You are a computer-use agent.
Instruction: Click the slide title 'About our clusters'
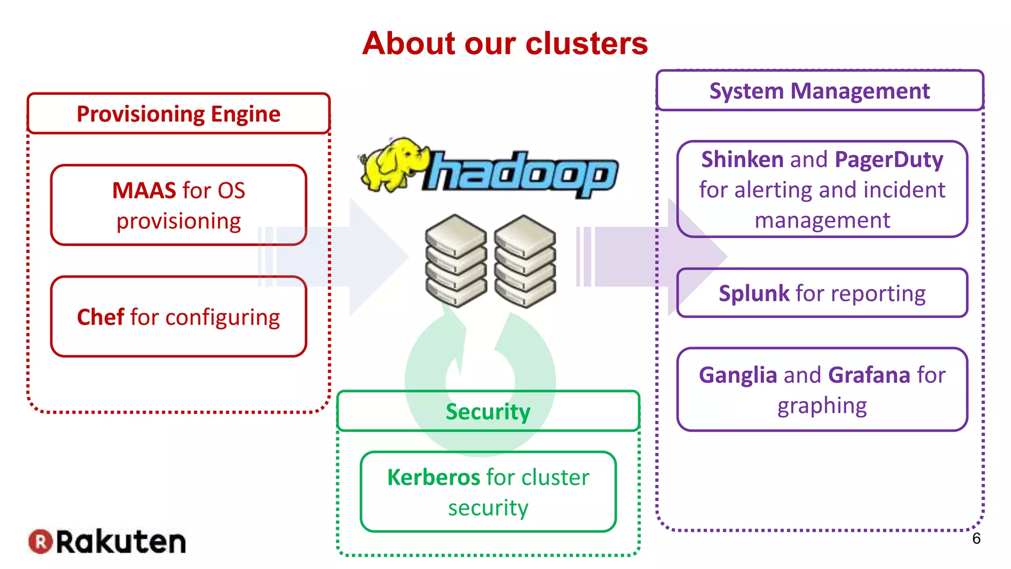click(505, 43)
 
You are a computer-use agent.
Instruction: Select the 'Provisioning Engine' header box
click(178, 114)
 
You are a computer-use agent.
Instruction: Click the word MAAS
click(144, 191)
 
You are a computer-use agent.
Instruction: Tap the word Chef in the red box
click(101, 317)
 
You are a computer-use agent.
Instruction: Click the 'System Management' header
click(819, 91)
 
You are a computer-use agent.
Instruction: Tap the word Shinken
click(742, 160)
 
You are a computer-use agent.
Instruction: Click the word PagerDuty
click(889, 160)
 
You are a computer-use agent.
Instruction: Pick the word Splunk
click(754, 293)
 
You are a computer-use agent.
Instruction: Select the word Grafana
click(869, 375)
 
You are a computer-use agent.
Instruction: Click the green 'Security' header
click(488, 411)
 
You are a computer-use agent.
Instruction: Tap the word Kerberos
click(433, 478)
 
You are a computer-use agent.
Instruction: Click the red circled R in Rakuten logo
click(40, 541)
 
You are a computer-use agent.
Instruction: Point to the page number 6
click(976, 538)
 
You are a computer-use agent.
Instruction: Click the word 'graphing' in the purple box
click(822, 406)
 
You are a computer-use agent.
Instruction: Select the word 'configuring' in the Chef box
click(222, 318)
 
